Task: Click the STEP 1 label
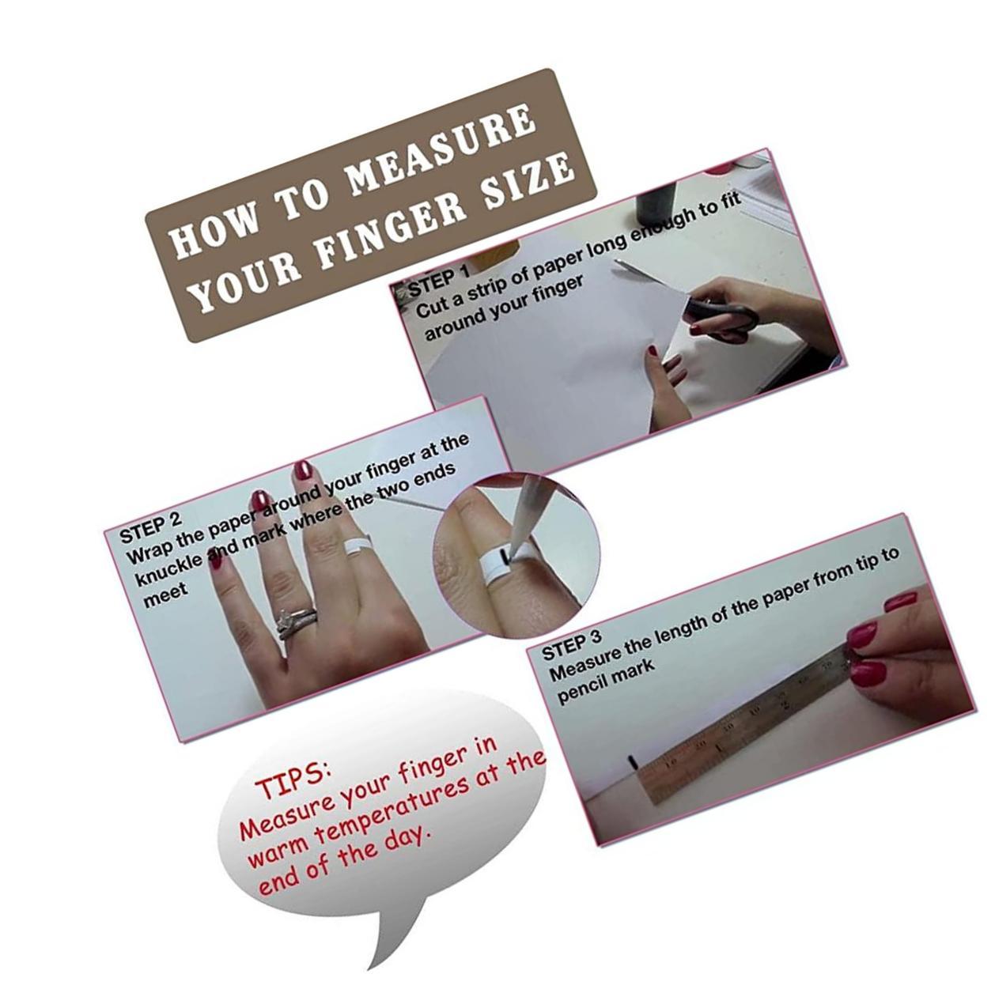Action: (438, 278)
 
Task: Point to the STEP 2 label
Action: (150, 527)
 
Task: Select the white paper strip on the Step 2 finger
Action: (358, 546)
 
